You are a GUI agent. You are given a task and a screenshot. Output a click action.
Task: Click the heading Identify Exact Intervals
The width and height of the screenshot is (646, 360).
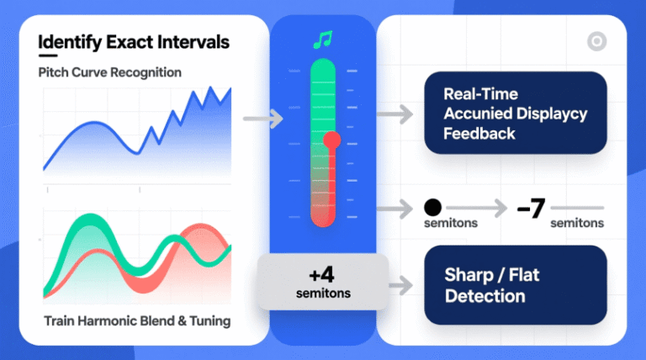tap(134, 41)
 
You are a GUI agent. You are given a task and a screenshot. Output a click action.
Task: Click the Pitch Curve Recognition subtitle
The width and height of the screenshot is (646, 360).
tap(109, 72)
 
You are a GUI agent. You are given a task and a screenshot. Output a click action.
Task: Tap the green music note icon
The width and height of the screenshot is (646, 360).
tap(322, 40)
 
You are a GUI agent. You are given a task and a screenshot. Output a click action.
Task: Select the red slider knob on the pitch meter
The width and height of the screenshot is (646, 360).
tap(332, 140)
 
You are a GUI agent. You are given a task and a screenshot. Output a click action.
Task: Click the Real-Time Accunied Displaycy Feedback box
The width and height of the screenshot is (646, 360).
tap(515, 113)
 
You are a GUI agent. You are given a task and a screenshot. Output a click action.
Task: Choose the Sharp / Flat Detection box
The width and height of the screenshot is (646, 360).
tap(515, 285)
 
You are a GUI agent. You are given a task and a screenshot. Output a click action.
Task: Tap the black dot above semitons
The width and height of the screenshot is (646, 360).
tap(433, 207)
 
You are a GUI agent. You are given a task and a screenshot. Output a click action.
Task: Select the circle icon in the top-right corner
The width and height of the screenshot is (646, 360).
tap(596, 41)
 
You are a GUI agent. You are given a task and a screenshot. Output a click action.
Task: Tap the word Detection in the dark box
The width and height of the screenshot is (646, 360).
tap(485, 296)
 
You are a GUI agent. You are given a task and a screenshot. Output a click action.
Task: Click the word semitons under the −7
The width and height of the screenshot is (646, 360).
tap(576, 223)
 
